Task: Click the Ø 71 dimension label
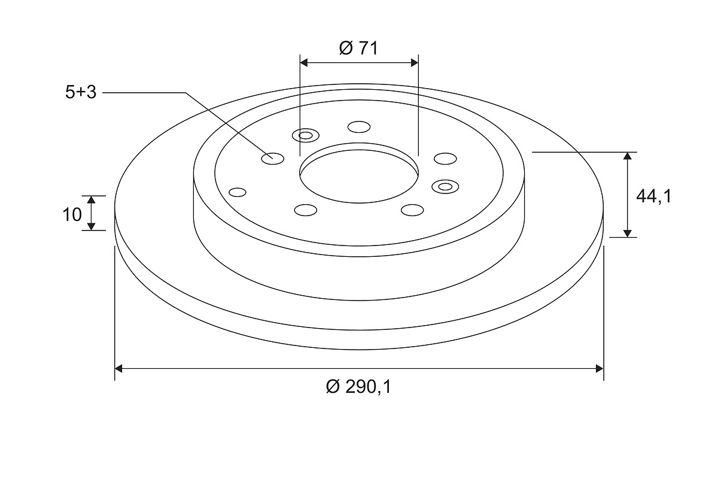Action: tap(358, 48)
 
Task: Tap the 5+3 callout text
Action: tap(81, 92)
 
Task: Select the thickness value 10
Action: tap(72, 214)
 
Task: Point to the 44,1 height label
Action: tap(653, 196)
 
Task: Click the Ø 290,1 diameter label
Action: tap(358, 387)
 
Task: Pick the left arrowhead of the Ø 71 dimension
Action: tap(304, 62)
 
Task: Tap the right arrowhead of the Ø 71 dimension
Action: tap(415, 62)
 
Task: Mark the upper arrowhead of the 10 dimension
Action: tap(92, 199)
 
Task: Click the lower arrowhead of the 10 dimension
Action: tap(92, 226)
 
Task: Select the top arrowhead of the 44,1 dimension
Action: tap(627, 156)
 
